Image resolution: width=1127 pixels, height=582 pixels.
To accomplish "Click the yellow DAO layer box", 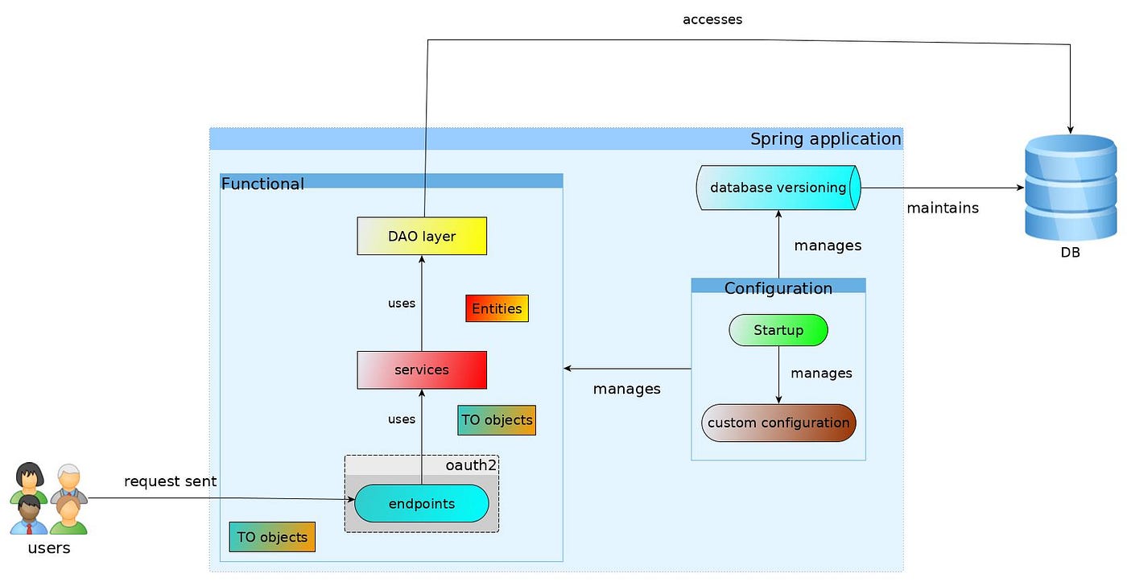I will tap(422, 236).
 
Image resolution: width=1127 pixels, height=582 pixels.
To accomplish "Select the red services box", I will tap(422, 369).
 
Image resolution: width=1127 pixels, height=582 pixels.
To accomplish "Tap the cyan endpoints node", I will tap(422, 504).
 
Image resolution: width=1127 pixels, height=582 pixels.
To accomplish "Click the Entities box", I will tap(497, 308).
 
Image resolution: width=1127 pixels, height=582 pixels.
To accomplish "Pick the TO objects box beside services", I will tap(497, 420).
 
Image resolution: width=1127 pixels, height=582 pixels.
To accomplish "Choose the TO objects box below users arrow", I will tap(272, 537).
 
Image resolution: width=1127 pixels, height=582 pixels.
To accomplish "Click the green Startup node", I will tap(778, 330).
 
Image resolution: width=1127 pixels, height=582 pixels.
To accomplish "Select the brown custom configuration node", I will tap(778, 423).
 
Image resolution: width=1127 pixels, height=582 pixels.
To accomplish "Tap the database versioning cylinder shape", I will tap(778, 188).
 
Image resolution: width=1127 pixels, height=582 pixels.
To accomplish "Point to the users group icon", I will tap(48, 499).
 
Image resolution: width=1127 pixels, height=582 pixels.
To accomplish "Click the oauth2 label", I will tap(470, 465).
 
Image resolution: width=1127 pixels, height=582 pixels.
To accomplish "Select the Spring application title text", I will tap(825, 138).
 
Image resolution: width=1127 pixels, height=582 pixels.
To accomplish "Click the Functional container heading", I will tap(262, 184).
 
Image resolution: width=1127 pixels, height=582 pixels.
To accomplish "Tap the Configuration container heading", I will tap(778, 287).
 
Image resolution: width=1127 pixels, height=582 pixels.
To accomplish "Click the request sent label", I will tap(170, 481).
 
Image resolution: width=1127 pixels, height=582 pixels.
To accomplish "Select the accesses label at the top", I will tap(712, 19).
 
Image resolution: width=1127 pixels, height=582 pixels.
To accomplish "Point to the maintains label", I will tap(943, 208).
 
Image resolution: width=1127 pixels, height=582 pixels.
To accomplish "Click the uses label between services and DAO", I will tap(402, 303).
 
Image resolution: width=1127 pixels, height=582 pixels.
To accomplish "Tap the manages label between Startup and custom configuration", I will tap(821, 374).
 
